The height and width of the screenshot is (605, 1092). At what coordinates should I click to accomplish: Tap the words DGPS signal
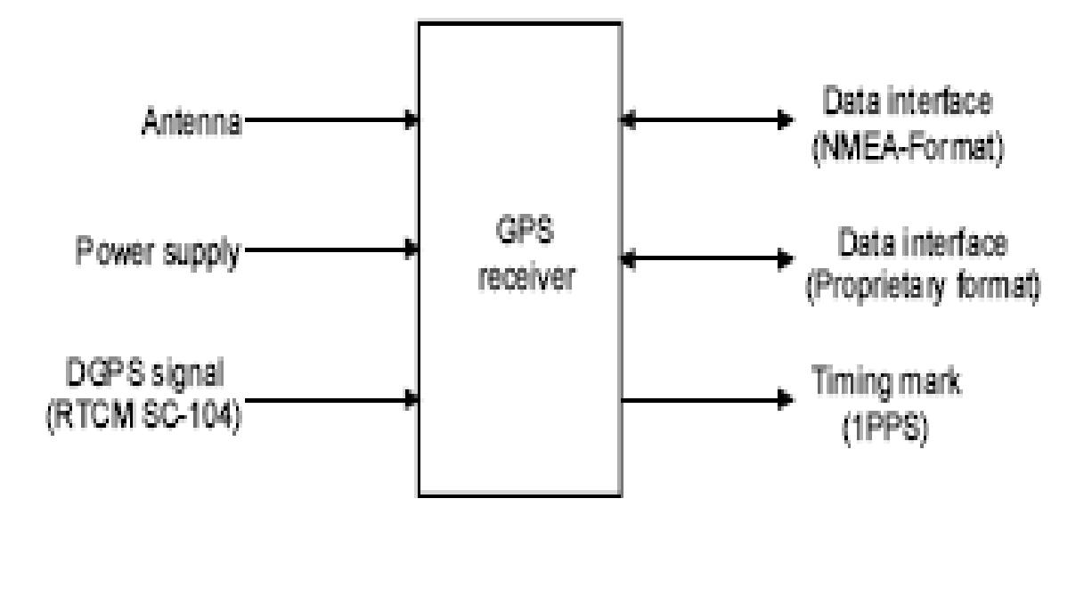pos(143,369)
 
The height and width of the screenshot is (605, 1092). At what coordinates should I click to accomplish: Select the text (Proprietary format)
pos(923,291)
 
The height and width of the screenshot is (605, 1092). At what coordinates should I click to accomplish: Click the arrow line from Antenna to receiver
pos(330,119)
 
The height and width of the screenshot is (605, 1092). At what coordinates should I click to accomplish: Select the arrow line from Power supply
pos(330,249)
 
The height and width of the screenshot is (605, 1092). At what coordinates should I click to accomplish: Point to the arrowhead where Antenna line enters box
pos(412,119)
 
